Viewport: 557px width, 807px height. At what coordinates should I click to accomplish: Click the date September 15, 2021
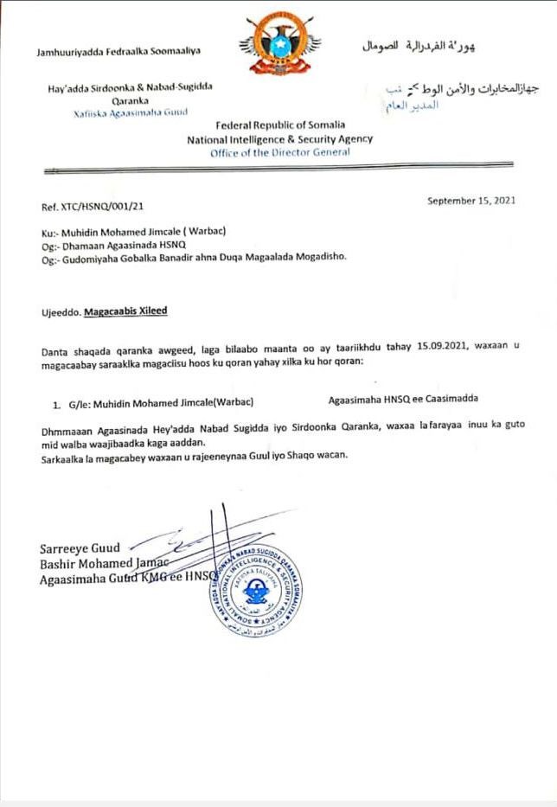tap(471, 201)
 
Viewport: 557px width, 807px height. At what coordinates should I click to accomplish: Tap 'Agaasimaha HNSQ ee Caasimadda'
tap(404, 400)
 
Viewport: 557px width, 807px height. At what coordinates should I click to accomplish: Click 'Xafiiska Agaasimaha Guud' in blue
tap(131, 112)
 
